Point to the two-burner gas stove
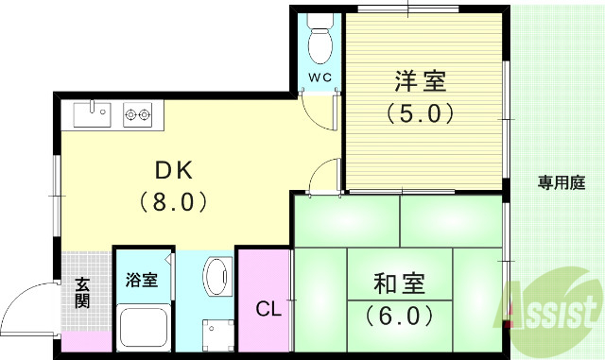pos(137,115)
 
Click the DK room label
pos(174,171)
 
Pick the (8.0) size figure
pos(174,201)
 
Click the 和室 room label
pos(398,283)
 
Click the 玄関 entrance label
pos(82,292)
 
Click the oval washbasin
pos(216,280)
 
